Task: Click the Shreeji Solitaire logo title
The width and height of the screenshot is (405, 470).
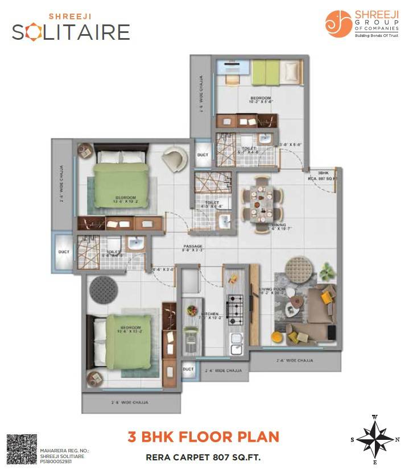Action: pos(71,28)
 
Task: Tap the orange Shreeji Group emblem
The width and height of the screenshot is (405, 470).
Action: pos(338,24)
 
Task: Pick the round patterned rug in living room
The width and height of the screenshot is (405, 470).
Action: pos(299,267)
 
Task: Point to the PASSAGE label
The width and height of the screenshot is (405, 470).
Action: pos(192,246)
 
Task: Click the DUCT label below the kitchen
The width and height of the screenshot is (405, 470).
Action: pos(188,369)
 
